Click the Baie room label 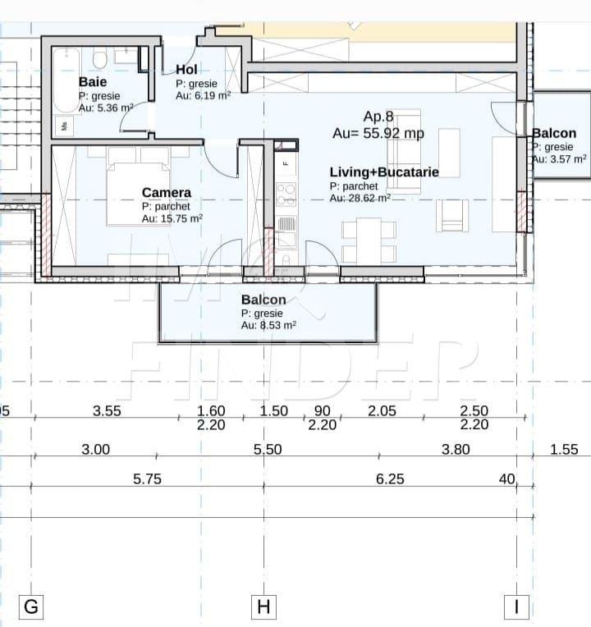[x=93, y=82]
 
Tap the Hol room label [x=186, y=70]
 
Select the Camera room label [x=166, y=193]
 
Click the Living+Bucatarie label [x=383, y=172]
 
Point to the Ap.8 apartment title [x=378, y=117]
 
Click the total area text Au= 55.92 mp [x=378, y=133]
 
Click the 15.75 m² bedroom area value [x=172, y=218]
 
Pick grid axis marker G [x=31, y=607]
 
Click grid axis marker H [x=263, y=607]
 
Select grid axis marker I [x=516, y=607]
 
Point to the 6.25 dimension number [x=390, y=479]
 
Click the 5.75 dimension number [x=147, y=479]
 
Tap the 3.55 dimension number [x=107, y=411]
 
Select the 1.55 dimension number [x=564, y=450]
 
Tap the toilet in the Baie [x=100, y=59]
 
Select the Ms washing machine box [x=64, y=126]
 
